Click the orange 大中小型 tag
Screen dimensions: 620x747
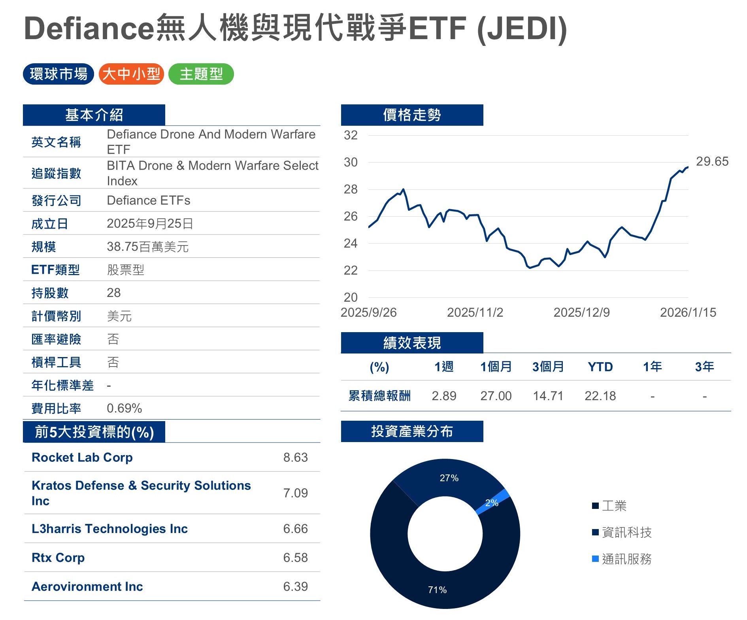[131, 74]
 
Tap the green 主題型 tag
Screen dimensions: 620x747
[201, 74]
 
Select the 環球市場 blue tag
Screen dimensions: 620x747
[58, 74]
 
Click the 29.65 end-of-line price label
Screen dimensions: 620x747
[712, 161]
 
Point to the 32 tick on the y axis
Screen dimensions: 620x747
[351, 135]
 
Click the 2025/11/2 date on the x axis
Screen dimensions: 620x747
[475, 312]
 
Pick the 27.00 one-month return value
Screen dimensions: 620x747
[496, 396]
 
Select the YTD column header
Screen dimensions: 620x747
[600, 367]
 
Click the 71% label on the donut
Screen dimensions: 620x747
[437, 590]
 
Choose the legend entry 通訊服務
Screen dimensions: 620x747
[626, 559]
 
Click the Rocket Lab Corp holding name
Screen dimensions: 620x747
[82, 457]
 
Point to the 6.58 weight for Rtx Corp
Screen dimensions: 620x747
[295, 558]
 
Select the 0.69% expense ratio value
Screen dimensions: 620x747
[124, 408]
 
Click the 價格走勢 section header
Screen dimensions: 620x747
[412, 115]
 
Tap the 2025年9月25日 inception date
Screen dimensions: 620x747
[150, 223]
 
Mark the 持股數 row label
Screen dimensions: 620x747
[50, 293]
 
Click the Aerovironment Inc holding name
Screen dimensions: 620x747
[87, 586]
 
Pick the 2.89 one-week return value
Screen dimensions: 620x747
[444, 396]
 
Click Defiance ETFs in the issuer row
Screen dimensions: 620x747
[149, 200]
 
